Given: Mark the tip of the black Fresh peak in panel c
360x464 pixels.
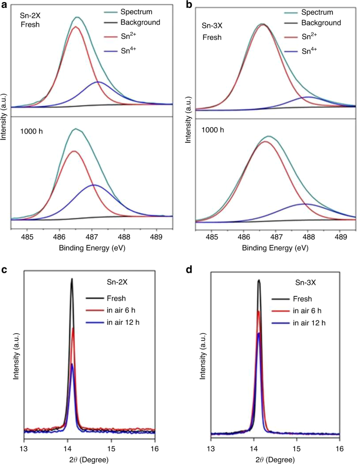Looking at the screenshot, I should coord(71,279).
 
